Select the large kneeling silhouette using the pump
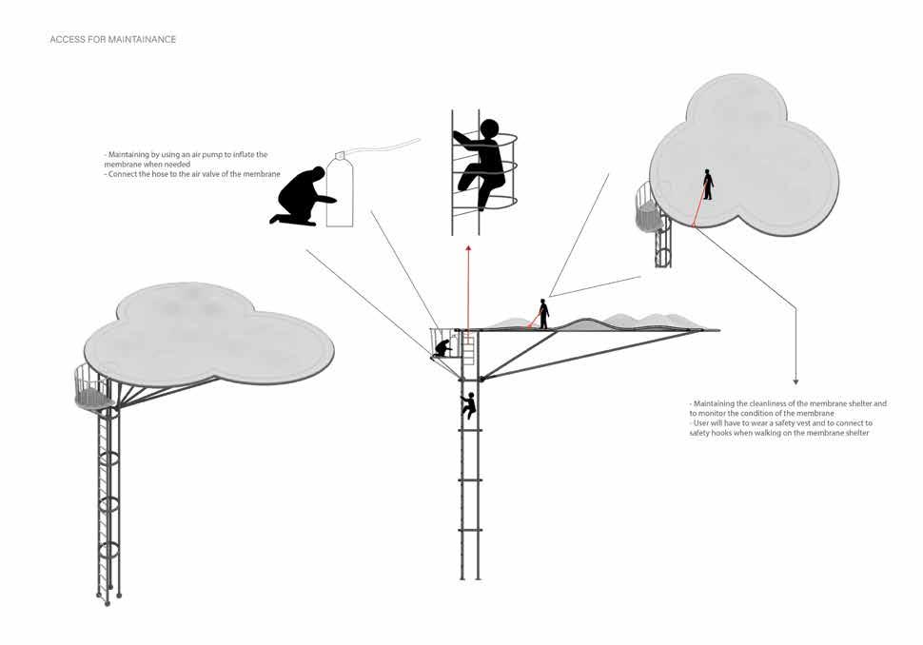pos(303,198)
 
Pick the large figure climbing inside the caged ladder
pos(478,162)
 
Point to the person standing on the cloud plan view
pos(708,184)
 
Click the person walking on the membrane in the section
pos(543,314)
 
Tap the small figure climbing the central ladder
pos(467,405)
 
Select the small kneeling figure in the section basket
pos(442,349)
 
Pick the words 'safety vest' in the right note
pos(770,423)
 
